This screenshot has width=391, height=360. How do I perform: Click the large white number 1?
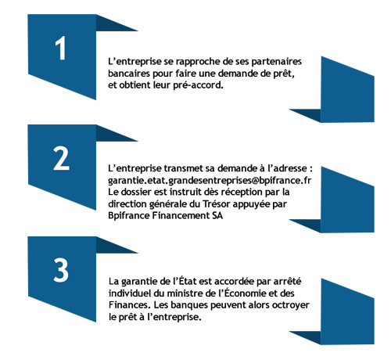(61, 48)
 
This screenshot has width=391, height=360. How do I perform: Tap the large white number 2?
(61, 158)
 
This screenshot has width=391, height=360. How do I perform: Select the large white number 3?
(61, 270)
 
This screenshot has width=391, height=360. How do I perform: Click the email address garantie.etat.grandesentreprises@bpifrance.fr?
(210, 181)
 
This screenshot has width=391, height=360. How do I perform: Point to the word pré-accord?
(198, 85)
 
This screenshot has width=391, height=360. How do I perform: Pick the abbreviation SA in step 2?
(217, 216)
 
